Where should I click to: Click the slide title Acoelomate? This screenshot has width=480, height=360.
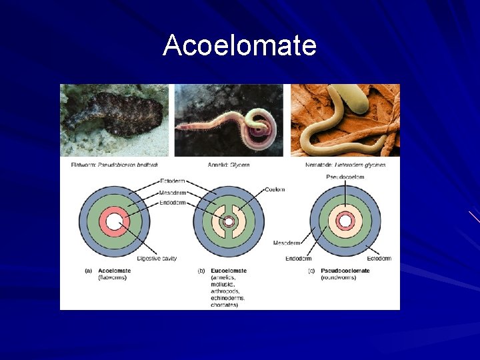tap(239, 46)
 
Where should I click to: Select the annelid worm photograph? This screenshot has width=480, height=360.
tap(229, 120)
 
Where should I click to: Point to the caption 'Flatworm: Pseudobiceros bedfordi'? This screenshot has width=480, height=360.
tap(114, 165)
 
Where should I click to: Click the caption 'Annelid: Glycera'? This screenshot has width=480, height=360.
tap(230, 165)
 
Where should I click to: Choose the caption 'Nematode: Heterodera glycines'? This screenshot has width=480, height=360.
tap(347, 165)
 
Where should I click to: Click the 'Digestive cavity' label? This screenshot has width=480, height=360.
tap(157, 258)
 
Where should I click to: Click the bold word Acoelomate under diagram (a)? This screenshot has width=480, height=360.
tap(114, 270)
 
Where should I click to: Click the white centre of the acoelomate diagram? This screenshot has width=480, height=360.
tap(114, 222)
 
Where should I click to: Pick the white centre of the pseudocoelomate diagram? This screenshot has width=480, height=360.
tap(345, 221)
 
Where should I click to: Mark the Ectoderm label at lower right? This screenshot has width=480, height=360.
tap(379, 258)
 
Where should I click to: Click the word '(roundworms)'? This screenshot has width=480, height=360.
tap(338, 277)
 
